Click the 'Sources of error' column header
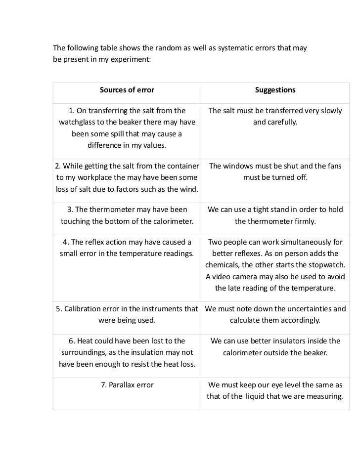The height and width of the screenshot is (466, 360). pyautogui.click(x=127, y=90)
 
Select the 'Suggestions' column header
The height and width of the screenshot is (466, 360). pyautogui.click(x=275, y=90)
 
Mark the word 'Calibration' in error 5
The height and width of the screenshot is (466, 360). pyautogui.click(x=86, y=309)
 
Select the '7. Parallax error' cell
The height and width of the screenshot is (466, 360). pyautogui.click(x=127, y=385)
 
